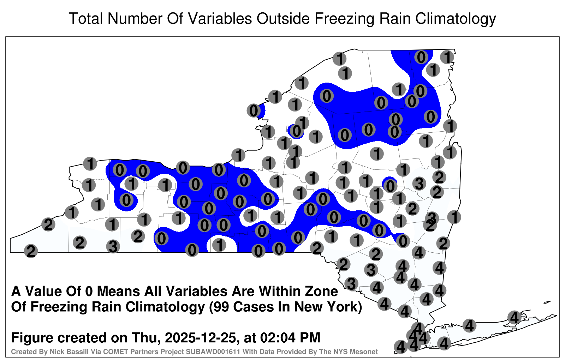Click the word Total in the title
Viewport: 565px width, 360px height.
click(x=86, y=18)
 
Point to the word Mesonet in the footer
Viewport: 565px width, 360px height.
click(x=366, y=352)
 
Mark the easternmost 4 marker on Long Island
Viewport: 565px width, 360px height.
click(x=514, y=317)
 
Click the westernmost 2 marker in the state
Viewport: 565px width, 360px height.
click(x=31, y=251)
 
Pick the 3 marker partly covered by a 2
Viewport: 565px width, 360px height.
click(x=432, y=217)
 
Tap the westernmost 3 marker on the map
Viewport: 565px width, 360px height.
click(x=113, y=246)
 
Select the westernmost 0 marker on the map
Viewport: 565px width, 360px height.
click(x=120, y=170)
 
